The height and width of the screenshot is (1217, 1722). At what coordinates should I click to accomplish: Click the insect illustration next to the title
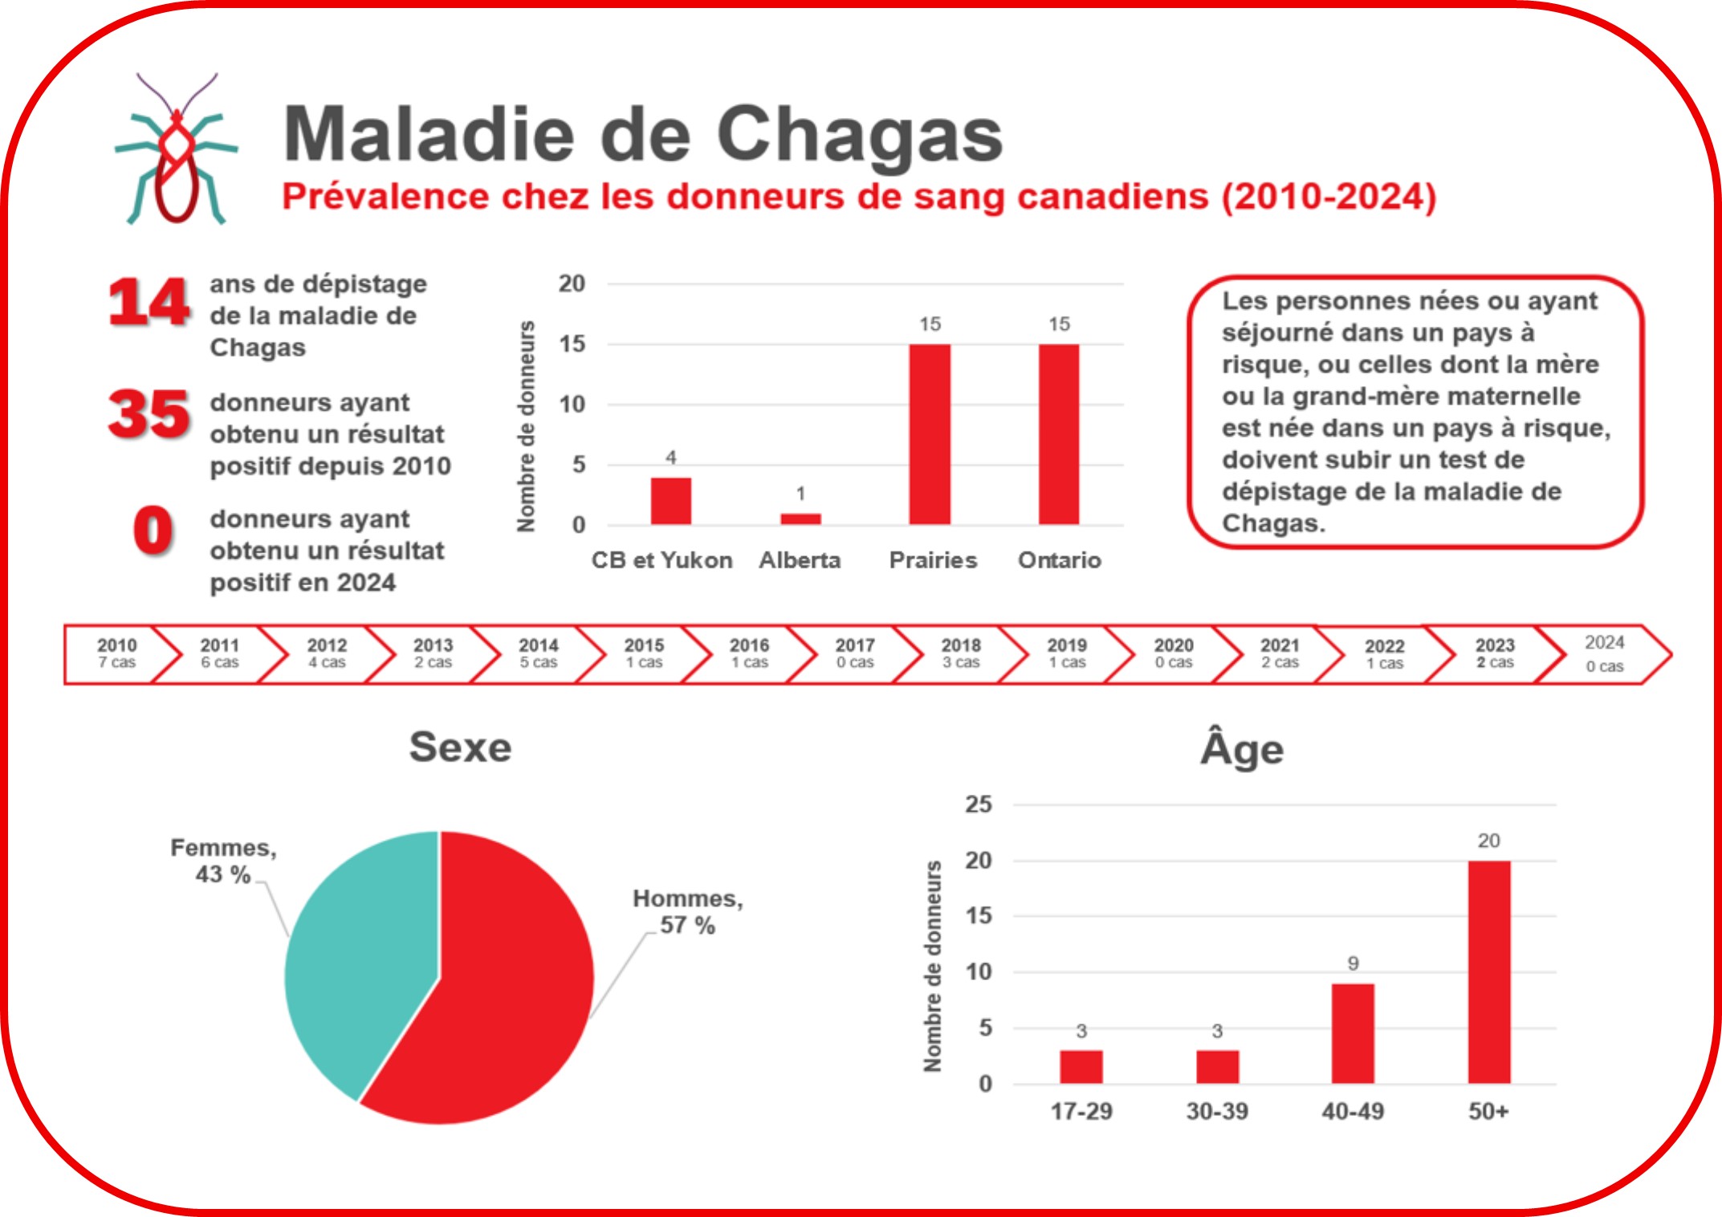177,153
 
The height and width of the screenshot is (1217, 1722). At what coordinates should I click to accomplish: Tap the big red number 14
149,303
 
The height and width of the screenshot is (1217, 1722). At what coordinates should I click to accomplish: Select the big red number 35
149,414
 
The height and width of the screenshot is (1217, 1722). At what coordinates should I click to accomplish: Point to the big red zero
153,531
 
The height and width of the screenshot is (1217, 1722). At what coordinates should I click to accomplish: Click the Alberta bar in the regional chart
800,519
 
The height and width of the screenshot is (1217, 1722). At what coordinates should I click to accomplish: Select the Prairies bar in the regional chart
930,434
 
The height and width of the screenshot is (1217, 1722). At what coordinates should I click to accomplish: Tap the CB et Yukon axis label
662,560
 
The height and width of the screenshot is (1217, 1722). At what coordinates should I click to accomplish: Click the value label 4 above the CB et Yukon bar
671,458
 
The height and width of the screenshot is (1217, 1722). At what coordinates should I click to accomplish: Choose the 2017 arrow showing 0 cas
854,653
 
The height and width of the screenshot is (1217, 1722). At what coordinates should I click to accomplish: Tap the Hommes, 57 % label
688,911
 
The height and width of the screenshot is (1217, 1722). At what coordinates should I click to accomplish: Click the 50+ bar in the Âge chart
1489,972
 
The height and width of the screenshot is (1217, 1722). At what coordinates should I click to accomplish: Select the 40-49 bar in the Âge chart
1353,1033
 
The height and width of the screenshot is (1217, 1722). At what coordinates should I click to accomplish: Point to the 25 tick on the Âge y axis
979,804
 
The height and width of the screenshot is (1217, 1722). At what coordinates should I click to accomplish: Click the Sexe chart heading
460,747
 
